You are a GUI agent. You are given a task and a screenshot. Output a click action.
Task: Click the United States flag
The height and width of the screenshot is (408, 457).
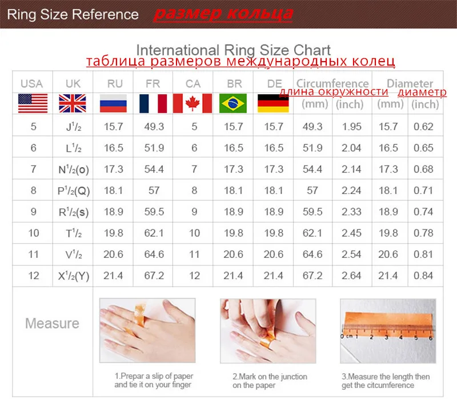(x=33, y=103)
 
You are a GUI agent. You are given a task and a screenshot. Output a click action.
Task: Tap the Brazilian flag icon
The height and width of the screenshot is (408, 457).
(x=233, y=103)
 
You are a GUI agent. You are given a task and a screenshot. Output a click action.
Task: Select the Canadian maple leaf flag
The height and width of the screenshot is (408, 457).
(x=193, y=103)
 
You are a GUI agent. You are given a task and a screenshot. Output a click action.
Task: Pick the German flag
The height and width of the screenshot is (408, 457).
(x=273, y=103)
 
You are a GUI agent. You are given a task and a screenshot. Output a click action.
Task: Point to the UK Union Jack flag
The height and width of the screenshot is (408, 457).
(x=73, y=103)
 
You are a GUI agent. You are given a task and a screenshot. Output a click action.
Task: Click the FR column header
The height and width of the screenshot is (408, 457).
(x=153, y=84)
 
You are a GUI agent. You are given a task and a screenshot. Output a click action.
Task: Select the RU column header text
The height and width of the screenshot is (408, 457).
(x=115, y=84)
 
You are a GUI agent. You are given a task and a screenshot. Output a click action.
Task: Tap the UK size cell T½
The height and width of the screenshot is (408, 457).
(x=74, y=233)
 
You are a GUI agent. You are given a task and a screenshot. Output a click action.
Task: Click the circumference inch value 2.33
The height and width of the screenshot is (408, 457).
(x=351, y=212)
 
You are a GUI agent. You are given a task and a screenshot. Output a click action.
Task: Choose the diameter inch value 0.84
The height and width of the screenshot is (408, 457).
(x=423, y=276)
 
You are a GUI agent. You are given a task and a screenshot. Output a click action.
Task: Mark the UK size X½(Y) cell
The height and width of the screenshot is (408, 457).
(x=74, y=276)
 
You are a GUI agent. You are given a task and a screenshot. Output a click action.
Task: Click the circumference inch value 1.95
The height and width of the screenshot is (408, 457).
(x=351, y=126)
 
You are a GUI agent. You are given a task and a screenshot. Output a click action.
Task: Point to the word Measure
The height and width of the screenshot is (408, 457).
(x=52, y=323)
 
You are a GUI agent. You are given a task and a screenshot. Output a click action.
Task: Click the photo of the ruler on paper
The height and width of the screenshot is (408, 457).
(x=388, y=331)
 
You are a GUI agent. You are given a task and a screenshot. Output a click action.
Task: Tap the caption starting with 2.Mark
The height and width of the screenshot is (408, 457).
(x=270, y=381)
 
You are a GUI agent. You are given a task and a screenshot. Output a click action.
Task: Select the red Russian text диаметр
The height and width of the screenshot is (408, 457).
(x=422, y=92)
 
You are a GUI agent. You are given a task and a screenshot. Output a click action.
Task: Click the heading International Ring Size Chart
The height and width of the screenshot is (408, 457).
(x=234, y=50)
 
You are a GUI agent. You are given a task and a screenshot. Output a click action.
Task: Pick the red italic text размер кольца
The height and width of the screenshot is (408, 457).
(x=223, y=14)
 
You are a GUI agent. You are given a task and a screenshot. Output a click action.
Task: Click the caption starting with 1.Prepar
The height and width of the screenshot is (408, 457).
(x=154, y=381)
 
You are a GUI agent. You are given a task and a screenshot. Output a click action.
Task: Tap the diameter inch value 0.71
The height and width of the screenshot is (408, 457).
(x=423, y=191)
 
